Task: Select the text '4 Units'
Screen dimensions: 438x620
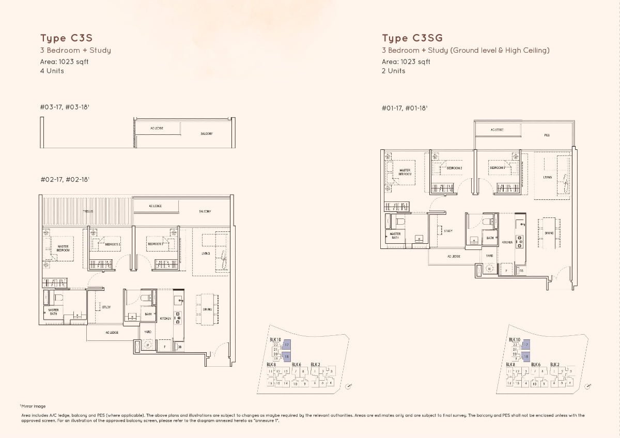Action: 52,71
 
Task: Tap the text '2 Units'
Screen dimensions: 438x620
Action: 394,71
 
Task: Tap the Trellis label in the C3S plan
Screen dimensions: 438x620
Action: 88,212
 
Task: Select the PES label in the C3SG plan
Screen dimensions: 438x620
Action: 547,135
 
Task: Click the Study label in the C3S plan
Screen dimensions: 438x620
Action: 106,307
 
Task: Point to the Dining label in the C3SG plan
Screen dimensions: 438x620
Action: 549,233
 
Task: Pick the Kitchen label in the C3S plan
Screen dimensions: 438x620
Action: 165,319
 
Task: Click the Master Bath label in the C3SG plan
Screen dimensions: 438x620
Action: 395,236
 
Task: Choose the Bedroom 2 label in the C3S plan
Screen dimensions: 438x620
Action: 112,244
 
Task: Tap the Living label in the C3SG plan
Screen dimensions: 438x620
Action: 547,177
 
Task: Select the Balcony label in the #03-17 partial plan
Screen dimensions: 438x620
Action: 206,134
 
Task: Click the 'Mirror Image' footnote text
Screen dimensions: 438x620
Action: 34,406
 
